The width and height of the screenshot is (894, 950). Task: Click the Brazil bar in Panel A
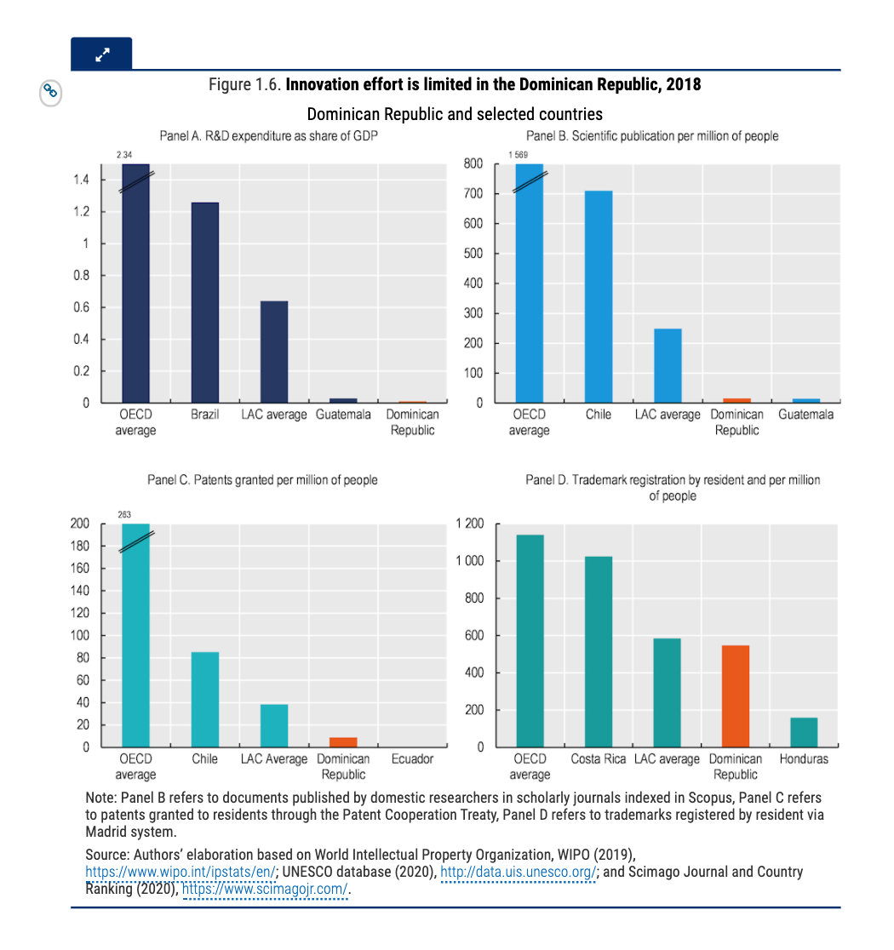tap(205, 302)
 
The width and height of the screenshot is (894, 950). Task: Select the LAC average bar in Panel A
tap(274, 352)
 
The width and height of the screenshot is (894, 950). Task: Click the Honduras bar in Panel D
tap(804, 732)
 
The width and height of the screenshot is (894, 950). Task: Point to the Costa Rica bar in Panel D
tap(599, 651)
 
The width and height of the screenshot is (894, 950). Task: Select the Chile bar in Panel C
tap(205, 699)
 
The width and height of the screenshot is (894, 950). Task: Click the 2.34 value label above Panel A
tap(124, 154)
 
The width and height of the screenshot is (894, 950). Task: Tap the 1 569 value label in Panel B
tap(519, 154)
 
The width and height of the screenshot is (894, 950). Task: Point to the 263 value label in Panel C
tap(124, 514)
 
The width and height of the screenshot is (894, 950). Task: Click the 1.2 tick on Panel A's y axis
tap(82, 211)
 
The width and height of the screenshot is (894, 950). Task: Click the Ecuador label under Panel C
tap(412, 758)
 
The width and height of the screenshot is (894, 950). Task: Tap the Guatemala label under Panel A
tap(343, 415)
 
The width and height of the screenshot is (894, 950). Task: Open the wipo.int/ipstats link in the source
tap(181, 872)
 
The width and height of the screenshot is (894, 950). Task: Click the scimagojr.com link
tap(266, 890)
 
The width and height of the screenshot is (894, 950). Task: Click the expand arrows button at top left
tap(102, 55)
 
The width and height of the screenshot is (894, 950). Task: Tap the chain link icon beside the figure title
tap(50, 91)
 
